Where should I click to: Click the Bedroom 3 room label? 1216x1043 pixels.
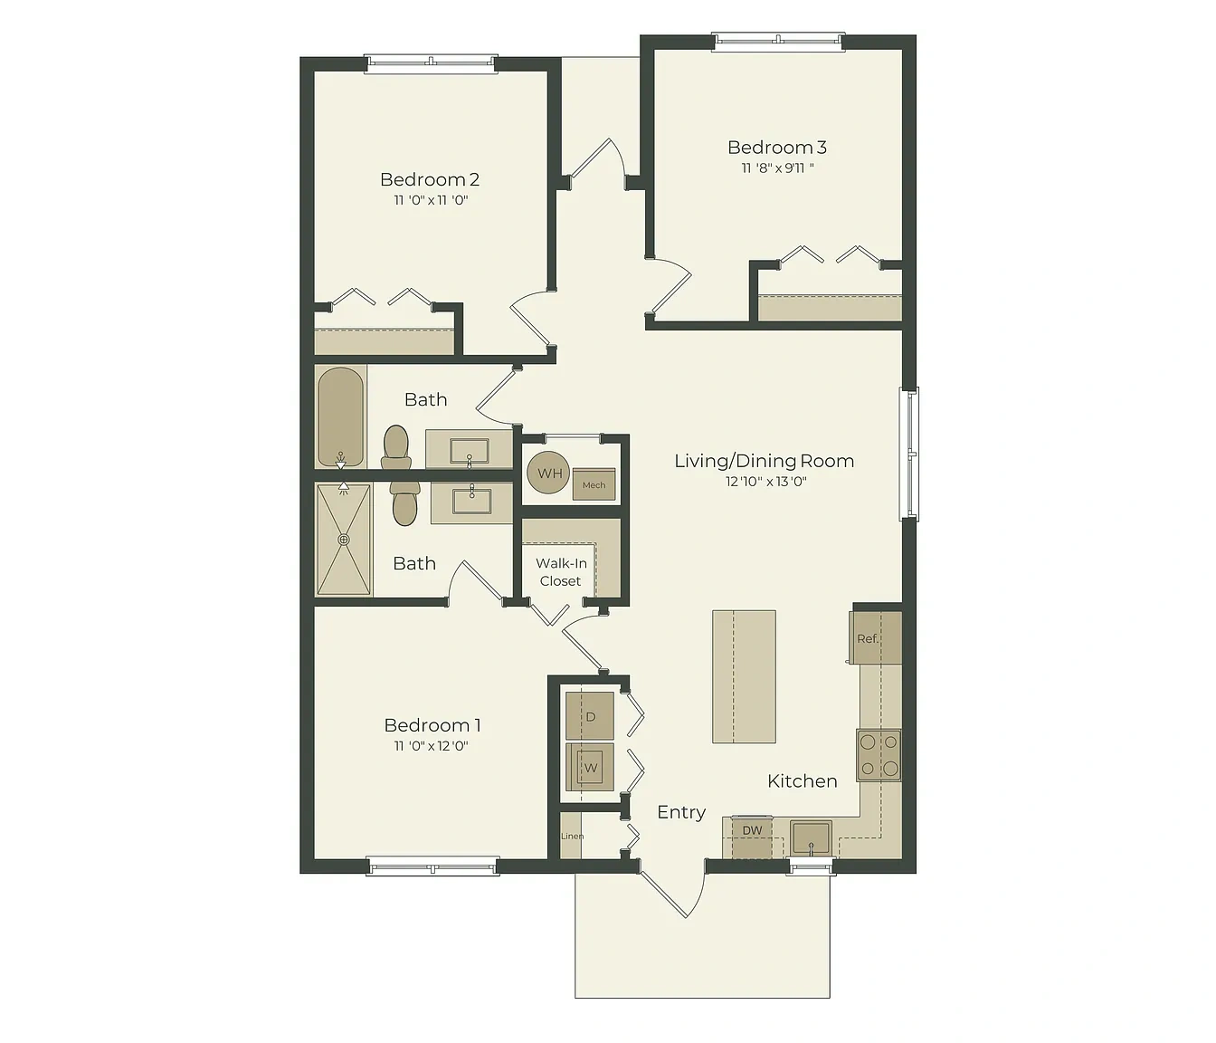tap(776, 148)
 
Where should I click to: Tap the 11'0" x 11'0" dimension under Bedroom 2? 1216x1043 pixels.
tap(432, 200)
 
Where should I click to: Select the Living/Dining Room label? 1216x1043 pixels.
tap(765, 461)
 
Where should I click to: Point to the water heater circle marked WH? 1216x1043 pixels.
tap(548, 473)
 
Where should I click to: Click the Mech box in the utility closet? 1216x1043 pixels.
tap(594, 485)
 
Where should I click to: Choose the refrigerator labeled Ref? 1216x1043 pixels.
tap(876, 638)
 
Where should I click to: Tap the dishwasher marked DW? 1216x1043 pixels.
tap(752, 837)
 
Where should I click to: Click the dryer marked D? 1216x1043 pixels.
tap(590, 716)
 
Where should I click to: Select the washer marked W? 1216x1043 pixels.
tap(590, 767)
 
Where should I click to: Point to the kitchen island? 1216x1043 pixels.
tap(745, 676)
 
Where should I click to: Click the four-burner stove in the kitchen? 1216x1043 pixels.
tap(879, 755)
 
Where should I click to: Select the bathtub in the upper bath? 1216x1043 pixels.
tap(340, 416)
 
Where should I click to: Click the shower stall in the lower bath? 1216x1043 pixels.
tap(344, 540)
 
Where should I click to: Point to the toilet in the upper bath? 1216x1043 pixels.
tap(396, 447)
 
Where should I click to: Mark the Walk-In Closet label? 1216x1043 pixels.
tap(561, 572)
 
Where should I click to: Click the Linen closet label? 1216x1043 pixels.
tap(572, 837)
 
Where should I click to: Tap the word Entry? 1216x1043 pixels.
tap(681, 813)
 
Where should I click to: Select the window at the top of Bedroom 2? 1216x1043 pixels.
tap(432, 63)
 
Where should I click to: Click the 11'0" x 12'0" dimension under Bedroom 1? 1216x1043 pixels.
tap(432, 746)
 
